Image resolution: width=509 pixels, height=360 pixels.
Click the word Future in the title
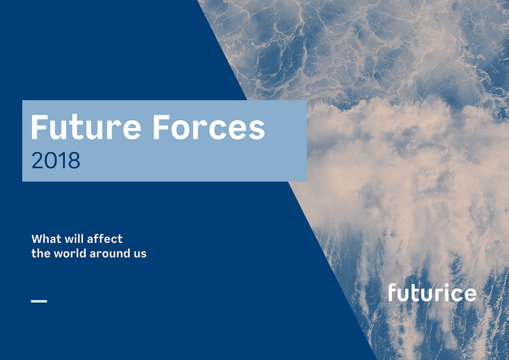click(86, 127)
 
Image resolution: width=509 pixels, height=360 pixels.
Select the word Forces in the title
click(209, 127)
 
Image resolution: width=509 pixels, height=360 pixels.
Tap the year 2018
click(56, 160)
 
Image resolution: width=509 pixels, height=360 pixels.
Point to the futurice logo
click(432, 292)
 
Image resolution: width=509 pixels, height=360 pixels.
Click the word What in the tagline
click(47, 239)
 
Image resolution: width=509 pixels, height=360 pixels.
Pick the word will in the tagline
click(74, 239)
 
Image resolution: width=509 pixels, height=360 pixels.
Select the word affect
click(105, 239)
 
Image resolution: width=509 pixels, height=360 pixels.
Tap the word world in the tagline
click(70, 253)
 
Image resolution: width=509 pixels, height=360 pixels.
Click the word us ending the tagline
click(140, 255)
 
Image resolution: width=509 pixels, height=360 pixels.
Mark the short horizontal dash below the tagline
click(39, 301)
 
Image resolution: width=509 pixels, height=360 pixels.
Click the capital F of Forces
click(162, 127)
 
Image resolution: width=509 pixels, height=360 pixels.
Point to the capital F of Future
click(40, 127)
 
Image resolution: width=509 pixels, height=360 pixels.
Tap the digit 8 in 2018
click(74, 160)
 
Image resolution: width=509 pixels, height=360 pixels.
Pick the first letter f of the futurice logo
click(392, 292)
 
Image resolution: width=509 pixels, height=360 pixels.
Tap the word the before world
click(41, 253)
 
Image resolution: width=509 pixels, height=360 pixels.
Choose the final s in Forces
click(257, 130)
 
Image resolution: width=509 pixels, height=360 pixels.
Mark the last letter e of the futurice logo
click(469, 294)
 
